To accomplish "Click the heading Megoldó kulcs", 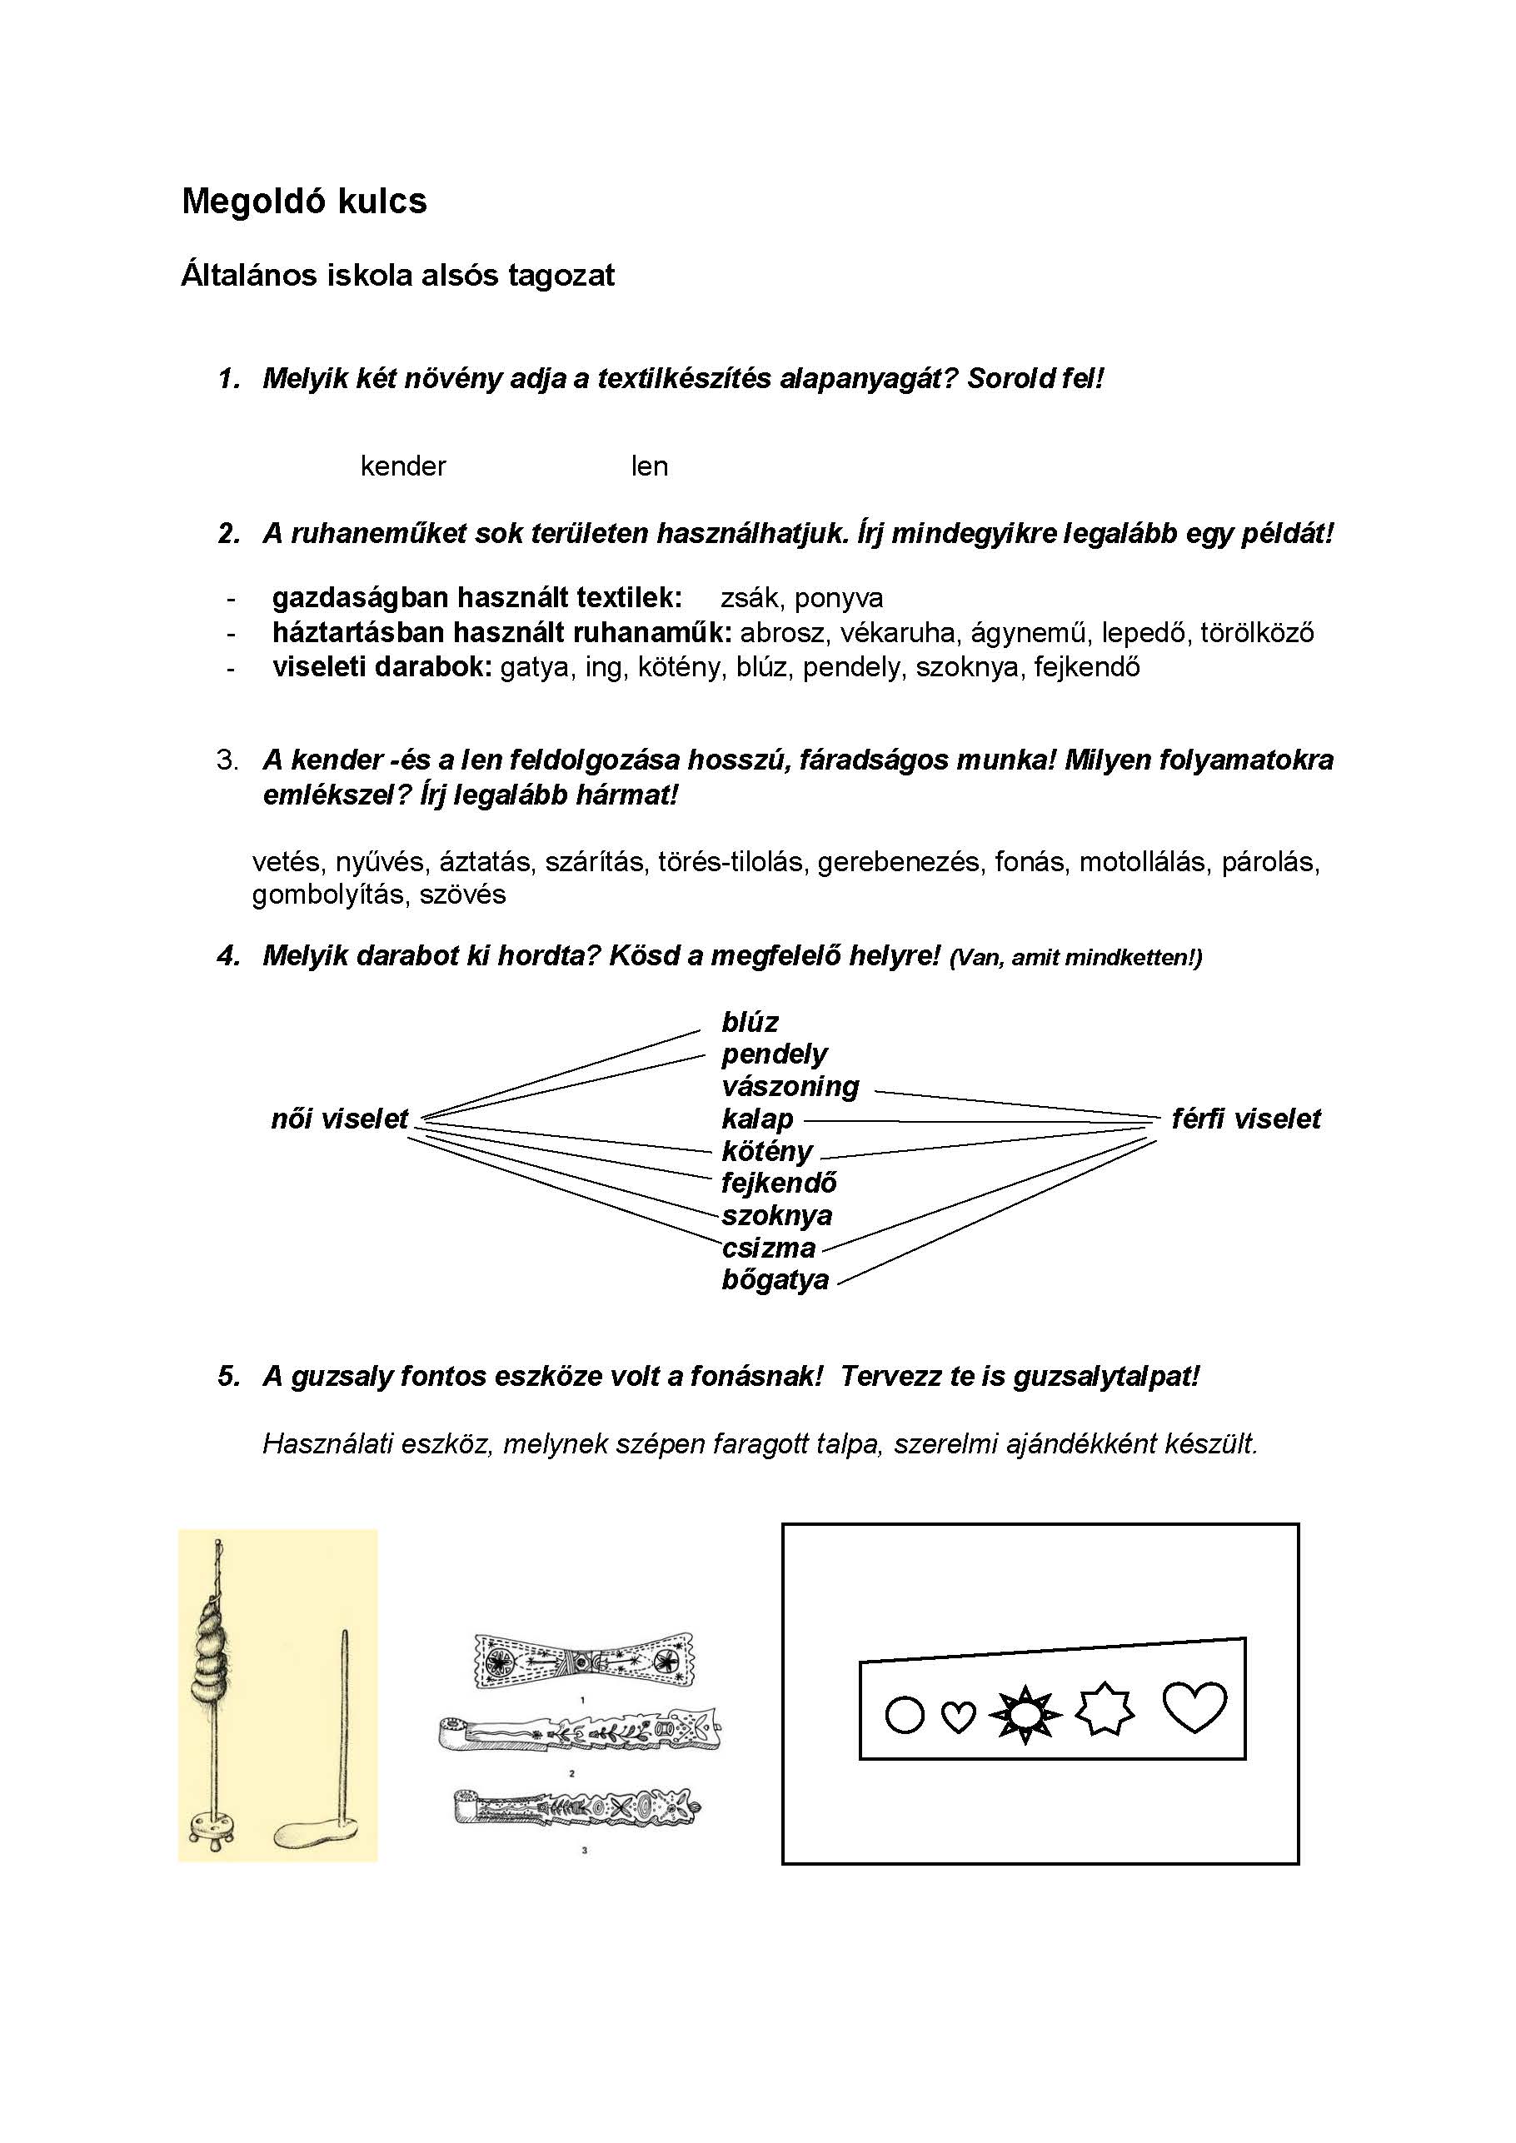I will click(303, 202).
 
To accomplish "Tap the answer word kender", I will click(402, 466).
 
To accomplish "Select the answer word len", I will click(649, 466).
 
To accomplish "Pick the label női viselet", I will click(339, 1119).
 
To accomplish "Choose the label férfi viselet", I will click(1245, 1119).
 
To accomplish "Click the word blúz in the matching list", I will click(750, 1022).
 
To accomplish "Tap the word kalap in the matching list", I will click(757, 1119).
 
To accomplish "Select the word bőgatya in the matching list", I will click(775, 1278).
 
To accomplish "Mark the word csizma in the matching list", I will click(768, 1247).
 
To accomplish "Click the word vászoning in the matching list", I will click(790, 1086).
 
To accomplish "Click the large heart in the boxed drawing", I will click(1194, 1707).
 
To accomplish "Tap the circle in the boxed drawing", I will click(904, 1714).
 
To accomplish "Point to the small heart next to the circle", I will click(958, 1716).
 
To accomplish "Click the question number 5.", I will click(229, 1376).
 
